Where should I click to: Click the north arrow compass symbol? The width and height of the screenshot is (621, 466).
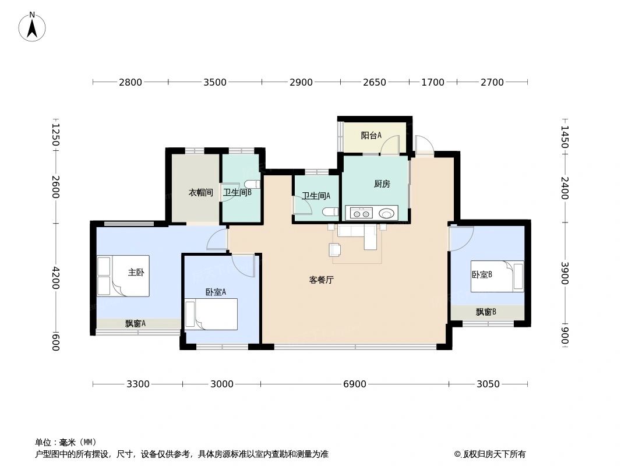(x=32, y=27)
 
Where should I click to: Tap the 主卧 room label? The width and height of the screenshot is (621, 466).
(x=136, y=272)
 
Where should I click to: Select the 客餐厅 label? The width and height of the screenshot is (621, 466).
(x=321, y=280)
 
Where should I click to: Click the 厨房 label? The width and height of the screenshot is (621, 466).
(x=382, y=184)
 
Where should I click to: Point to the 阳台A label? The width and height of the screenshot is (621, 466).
(x=371, y=136)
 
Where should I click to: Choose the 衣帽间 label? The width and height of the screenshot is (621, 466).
(x=200, y=192)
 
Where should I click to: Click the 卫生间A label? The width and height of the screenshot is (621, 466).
(x=316, y=196)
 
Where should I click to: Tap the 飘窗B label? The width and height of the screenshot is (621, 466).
(x=486, y=312)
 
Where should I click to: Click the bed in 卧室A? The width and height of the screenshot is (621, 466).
(x=211, y=314)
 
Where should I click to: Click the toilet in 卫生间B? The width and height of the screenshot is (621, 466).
(x=252, y=185)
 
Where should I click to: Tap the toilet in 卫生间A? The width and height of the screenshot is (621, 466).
(x=330, y=211)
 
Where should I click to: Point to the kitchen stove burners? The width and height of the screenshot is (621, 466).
(x=360, y=213)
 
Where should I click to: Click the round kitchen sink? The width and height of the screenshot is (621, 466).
(x=386, y=213)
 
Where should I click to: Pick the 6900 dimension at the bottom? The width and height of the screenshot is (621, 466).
(x=355, y=384)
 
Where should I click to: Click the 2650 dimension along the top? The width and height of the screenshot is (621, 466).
(x=374, y=82)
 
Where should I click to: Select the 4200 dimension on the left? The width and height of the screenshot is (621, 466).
(x=55, y=278)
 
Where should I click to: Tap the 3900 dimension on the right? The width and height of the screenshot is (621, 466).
(x=564, y=273)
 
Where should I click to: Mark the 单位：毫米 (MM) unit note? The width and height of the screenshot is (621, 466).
(x=66, y=442)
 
